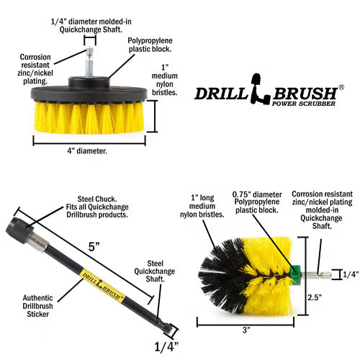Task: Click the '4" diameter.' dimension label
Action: pyautogui.click(x=87, y=151)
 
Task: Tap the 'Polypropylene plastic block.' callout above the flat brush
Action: pyautogui.click(x=150, y=45)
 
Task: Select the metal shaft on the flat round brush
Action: pyautogui.click(x=89, y=62)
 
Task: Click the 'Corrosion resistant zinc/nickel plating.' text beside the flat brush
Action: pyautogui.click(x=35, y=69)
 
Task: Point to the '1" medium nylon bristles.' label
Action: pyautogui.click(x=165, y=80)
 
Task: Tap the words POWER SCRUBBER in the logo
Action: pyautogui.click(x=304, y=104)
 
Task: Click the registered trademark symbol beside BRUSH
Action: pyautogui.click(x=341, y=87)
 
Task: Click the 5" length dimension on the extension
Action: pyautogui.click(x=94, y=247)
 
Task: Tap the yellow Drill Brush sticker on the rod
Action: pyautogui.click(x=103, y=285)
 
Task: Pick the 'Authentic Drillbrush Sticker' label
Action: pyautogui.click(x=37, y=306)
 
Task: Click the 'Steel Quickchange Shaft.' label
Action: pyautogui.click(x=154, y=271)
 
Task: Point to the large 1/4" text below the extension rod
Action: pyautogui.click(x=166, y=346)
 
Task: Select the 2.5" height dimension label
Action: pyautogui.click(x=315, y=297)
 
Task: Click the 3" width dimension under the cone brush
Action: pyautogui.click(x=246, y=330)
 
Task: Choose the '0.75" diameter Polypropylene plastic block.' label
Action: pyautogui.click(x=257, y=202)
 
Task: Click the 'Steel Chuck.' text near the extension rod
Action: pyautogui.click(x=97, y=199)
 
